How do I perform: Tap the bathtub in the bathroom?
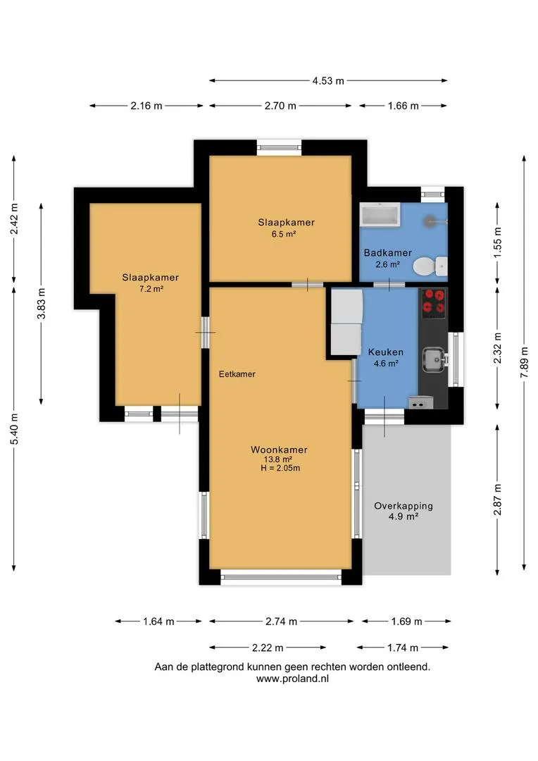(380, 214)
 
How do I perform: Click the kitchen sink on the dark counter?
(434, 360)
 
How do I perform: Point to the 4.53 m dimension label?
(328, 80)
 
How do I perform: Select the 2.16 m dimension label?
(146, 105)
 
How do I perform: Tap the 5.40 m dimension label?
(14, 428)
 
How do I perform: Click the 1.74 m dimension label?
(403, 648)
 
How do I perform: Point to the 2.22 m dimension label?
(268, 648)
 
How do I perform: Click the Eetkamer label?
(237, 374)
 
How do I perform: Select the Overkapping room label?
(403, 506)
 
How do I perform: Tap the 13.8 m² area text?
(278, 459)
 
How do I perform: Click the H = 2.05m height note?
(280, 469)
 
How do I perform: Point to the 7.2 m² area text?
(151, 289)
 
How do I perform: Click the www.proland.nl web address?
(292, 679)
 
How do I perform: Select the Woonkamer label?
(279, 450)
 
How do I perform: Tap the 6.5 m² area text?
(284, 234)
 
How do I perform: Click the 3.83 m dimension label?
(42, 303)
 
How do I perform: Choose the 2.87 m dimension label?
(497, 500)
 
